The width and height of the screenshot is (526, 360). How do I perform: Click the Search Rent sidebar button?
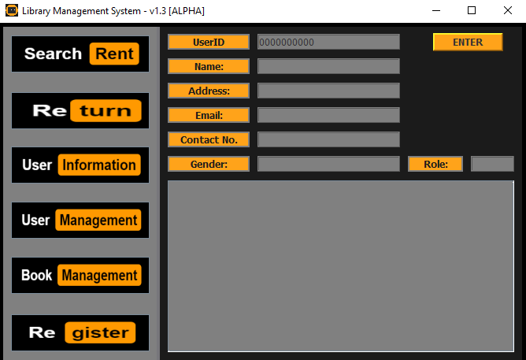pos(80,54)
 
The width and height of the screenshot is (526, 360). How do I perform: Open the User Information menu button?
pos(80,165)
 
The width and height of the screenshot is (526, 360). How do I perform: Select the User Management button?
pos(80,221)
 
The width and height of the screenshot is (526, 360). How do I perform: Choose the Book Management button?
pos(80,276)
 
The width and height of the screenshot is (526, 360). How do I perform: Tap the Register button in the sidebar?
pos(80,332)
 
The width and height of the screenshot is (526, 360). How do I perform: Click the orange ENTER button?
pos(468,43)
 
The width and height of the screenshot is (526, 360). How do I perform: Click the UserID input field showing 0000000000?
pos(328,43)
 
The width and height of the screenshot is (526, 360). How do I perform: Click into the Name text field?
pos(328,67)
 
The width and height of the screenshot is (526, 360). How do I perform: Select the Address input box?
pos(328,91)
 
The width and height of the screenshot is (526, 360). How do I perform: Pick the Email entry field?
pos(328,116)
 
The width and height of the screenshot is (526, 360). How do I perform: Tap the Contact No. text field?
pos(328,139)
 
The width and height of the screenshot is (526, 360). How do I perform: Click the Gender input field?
pos(328,164)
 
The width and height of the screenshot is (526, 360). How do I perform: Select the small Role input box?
pos(492,164)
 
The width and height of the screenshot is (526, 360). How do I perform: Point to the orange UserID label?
pos(209,43)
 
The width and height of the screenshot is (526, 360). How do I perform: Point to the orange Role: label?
pos(435,164)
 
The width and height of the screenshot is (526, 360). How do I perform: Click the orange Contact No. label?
pos(209,139)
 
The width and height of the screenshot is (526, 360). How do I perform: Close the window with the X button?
pos(507,10)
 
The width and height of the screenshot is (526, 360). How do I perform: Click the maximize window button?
pos(472,10)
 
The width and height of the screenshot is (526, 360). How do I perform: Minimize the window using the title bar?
pos(435,10)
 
